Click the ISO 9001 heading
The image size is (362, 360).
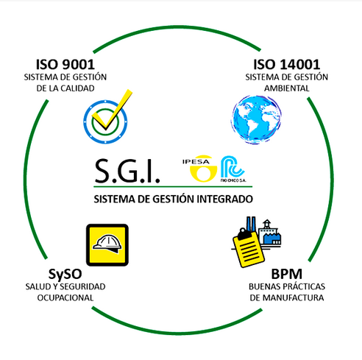tap(65, 65)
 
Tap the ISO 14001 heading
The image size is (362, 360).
tap(286, 65)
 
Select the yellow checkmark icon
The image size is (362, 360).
tap(112, 110)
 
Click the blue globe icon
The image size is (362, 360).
tap(256, 119)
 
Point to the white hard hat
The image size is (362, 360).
tap(107, 244)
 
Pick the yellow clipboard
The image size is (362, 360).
tap(248, 248)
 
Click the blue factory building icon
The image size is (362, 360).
tap(270, 233)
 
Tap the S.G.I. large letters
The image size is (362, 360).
tap(127, 171)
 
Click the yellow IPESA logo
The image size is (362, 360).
tap(200, 169)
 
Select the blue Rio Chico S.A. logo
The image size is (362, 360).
tap(233, 169)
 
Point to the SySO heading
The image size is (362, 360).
tap(65, 275)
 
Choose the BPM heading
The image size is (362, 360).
tap(286, 274)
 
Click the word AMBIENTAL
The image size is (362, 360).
tap(286, 88)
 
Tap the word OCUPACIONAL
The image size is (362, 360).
tap(65, 297)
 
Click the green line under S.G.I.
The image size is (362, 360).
tap(173, 187)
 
